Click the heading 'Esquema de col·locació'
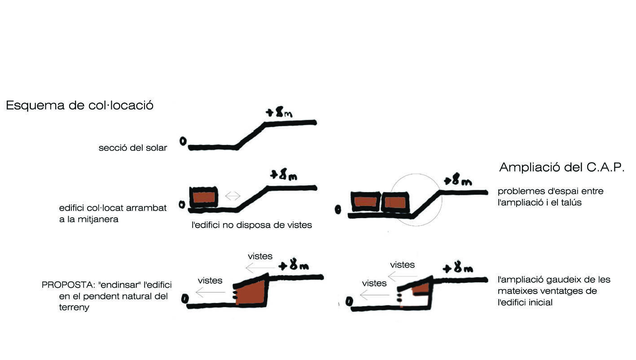(79, 105)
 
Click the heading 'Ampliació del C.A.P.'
(561, 168)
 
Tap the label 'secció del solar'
(132, 148)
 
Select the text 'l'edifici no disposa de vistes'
(251, 225)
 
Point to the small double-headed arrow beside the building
(232, 196)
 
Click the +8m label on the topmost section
(279, 112)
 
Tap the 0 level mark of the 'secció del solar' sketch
(183, 141)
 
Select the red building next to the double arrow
(204, 198)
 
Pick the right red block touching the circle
(395, 202)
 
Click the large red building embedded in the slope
(250, 293)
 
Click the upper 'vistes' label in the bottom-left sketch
(260, 256)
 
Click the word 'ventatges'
(572, 291)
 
